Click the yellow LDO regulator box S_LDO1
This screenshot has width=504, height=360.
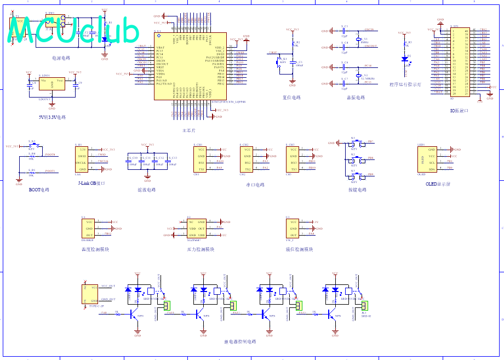(x=52, y=84)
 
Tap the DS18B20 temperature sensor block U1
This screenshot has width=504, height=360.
(x=89, y=228)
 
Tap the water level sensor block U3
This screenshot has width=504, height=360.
(x=294, y=228)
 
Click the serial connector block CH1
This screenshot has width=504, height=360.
(x=202, y=159)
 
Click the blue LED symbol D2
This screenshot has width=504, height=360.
(x=404, y=58)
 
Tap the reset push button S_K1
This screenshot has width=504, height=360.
(x=283, y=59)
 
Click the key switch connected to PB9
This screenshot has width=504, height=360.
(x=354, y=177)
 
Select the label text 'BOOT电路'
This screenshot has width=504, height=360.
(x=39, y=190)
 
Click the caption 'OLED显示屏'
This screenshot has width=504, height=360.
(x=438, y=184)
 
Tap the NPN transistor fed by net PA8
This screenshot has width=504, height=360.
(x=134, y=314)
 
